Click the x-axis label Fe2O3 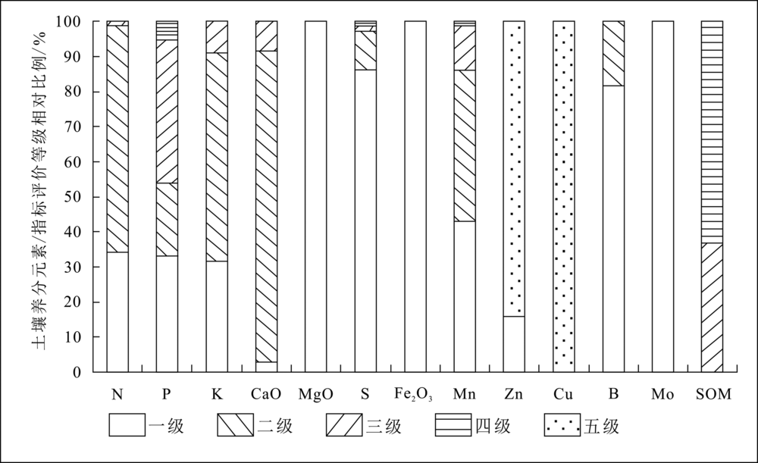click(x=413, y=395)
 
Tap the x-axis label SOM click(x=713, y=394)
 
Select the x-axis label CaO click(x=266, y=394)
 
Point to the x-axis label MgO click(x=315, y=394)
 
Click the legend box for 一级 click(x=127, y=425)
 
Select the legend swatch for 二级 click(x=236, y=425)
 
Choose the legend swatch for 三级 click(x=344, y=425)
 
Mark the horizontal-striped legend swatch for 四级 click(x=453, y=425)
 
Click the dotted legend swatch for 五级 click(x=562, y=425)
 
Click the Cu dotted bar click(x=564, y=197)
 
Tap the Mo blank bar click(x=662, y=197)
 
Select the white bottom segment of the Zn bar click(x=515, y=344)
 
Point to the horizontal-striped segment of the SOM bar click(x=712, y=132)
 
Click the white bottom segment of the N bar click(x=117, y=312)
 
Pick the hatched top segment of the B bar click(x=613, y=54)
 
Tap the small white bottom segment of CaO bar click(x=266, y=367)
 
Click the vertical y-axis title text click(x=39, y=190)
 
